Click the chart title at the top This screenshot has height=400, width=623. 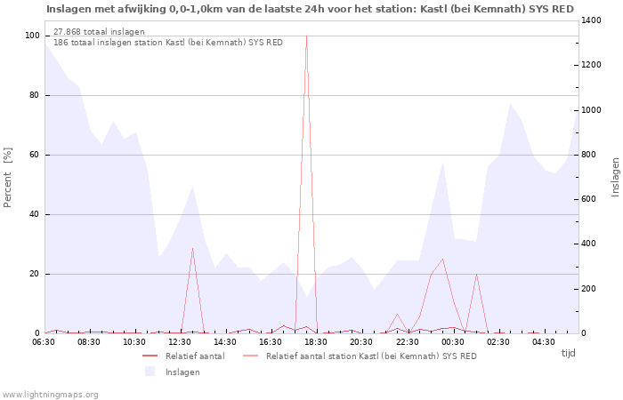click(310, 9)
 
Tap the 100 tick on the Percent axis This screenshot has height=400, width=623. click(33, 36)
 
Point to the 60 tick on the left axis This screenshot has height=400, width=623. click(35, 155)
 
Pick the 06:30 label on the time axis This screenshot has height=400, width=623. click(44, 341)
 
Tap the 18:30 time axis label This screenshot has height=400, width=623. click(316, 341)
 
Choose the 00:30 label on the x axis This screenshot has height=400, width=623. click(452, 341)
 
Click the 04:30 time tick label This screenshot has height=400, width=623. click(543, 341)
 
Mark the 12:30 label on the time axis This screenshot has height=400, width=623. click(180, 341)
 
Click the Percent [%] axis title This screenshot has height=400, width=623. click(8, 178)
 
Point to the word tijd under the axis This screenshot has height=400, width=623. click(568, 353)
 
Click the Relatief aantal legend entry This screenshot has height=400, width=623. click(194, 356)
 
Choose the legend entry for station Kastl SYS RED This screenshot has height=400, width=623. click(370, 356)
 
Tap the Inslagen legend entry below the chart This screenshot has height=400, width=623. click(182, 372)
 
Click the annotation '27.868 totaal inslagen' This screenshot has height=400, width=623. click(99, 31)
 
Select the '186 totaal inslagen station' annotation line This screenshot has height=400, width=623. click(168, 42)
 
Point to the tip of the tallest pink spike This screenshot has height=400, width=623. click(306, 36)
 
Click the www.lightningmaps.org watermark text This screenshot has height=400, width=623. click(50, 394)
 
